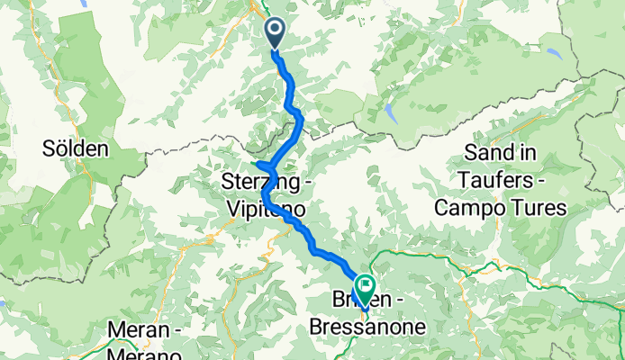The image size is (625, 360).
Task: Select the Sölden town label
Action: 76,148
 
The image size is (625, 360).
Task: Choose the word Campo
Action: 470,209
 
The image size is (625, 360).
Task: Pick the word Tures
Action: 538,209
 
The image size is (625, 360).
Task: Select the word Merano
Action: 140,354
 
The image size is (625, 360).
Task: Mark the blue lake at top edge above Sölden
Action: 86,4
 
